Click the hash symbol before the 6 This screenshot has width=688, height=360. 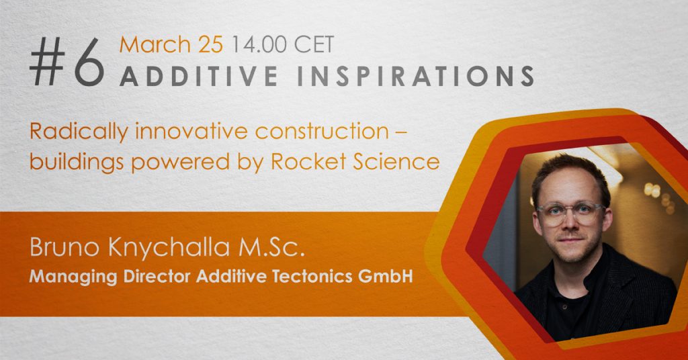click(48, 61)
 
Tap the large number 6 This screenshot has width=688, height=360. click(89, 62)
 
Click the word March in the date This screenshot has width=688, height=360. click(155, 45)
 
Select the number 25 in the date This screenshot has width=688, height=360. click(210, 45)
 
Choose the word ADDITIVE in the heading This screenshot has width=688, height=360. click(199, 75)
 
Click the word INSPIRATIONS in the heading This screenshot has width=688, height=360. click(415, 75)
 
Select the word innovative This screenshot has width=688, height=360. click(191, 131)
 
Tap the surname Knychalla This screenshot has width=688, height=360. click(169, 249)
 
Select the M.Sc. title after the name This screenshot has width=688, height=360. click(271, 247)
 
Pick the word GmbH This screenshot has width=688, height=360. click(386, 277)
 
